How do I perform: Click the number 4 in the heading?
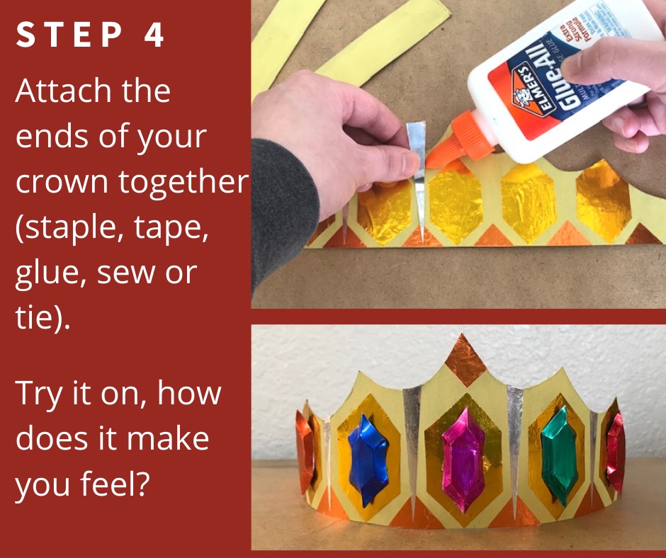click(153, 35)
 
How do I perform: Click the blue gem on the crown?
click(368, 461)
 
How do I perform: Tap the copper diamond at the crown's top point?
click(465, 360)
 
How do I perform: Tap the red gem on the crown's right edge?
click(616, 452)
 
